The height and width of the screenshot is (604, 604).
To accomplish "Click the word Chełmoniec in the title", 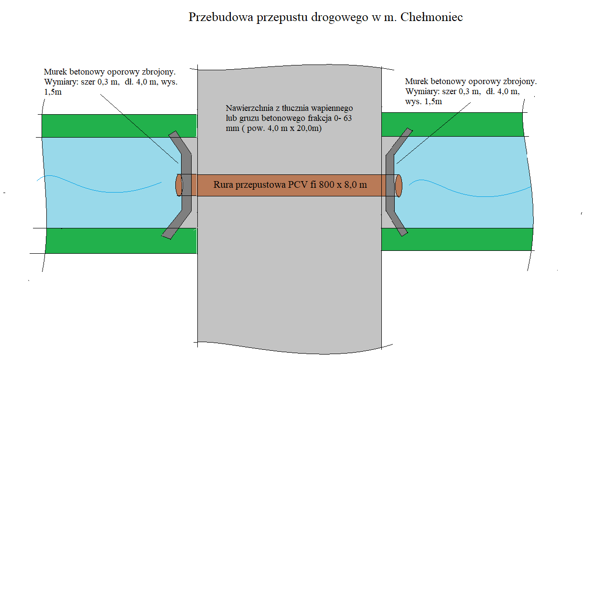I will (431, 17).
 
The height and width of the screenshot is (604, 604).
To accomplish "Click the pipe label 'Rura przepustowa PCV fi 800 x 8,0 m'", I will (290, 185).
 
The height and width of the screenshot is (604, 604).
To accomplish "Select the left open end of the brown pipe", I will (179, 185).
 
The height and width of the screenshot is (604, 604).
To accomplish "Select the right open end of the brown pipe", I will (399, 185).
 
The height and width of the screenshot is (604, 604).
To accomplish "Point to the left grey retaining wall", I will (186, 184).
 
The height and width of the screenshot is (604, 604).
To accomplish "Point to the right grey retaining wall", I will (390, 184).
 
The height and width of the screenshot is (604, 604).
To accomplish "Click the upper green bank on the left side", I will (119, 126).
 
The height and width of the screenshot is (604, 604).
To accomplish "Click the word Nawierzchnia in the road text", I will (249, 108).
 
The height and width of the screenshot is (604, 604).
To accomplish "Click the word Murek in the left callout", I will (55, 72).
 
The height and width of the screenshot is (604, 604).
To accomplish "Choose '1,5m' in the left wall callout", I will (53, 92).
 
